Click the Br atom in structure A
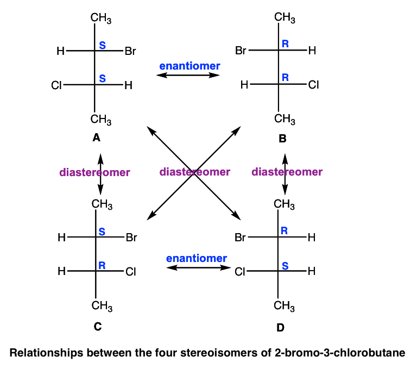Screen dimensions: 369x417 tap(130, 52)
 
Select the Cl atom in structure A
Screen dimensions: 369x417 tap(56, 85)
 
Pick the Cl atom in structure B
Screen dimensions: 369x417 tap(313, 84)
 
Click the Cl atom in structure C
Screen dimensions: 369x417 tap(130, 272)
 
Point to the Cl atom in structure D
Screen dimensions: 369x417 tap(241, 272)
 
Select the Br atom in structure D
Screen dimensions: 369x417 tap(241, 237)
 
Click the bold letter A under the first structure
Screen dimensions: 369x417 tap(97, 138)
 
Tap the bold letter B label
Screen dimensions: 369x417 tap(282, 139)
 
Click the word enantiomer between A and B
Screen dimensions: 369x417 tap(189, 66)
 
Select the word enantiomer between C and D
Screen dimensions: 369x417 tap(197, 258)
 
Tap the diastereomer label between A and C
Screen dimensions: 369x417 tap(94, 172)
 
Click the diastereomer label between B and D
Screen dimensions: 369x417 tap(287, 172)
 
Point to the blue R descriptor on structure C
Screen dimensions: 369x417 tap(102, 265)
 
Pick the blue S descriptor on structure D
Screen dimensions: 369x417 tap(285, 265)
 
